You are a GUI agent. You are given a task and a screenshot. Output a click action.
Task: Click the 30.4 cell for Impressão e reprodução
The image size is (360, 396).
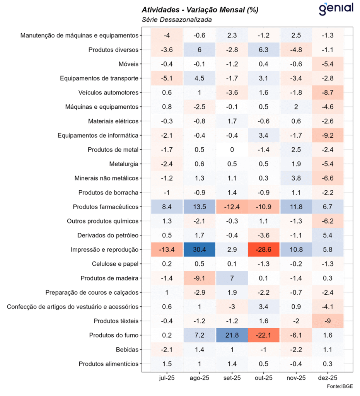199,250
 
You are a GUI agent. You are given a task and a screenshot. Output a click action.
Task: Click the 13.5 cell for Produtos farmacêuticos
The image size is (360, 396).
199,207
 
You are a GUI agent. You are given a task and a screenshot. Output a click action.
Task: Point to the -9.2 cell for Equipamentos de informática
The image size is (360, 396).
327,135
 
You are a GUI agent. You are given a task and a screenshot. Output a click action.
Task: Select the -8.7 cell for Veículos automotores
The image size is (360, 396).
327,92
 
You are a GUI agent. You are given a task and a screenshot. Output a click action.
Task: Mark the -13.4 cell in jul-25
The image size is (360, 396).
167,250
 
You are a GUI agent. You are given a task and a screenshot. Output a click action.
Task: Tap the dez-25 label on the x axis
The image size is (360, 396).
327,378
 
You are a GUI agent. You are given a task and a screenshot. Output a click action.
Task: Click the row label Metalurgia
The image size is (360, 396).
124,164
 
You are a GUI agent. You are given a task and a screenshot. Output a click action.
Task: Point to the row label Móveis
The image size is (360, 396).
129,64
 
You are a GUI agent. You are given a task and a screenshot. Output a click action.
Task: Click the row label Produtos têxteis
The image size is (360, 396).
116,321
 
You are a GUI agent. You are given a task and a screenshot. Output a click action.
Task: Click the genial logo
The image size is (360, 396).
336,8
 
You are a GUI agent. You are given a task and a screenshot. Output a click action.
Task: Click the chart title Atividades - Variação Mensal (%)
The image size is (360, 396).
200,10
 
